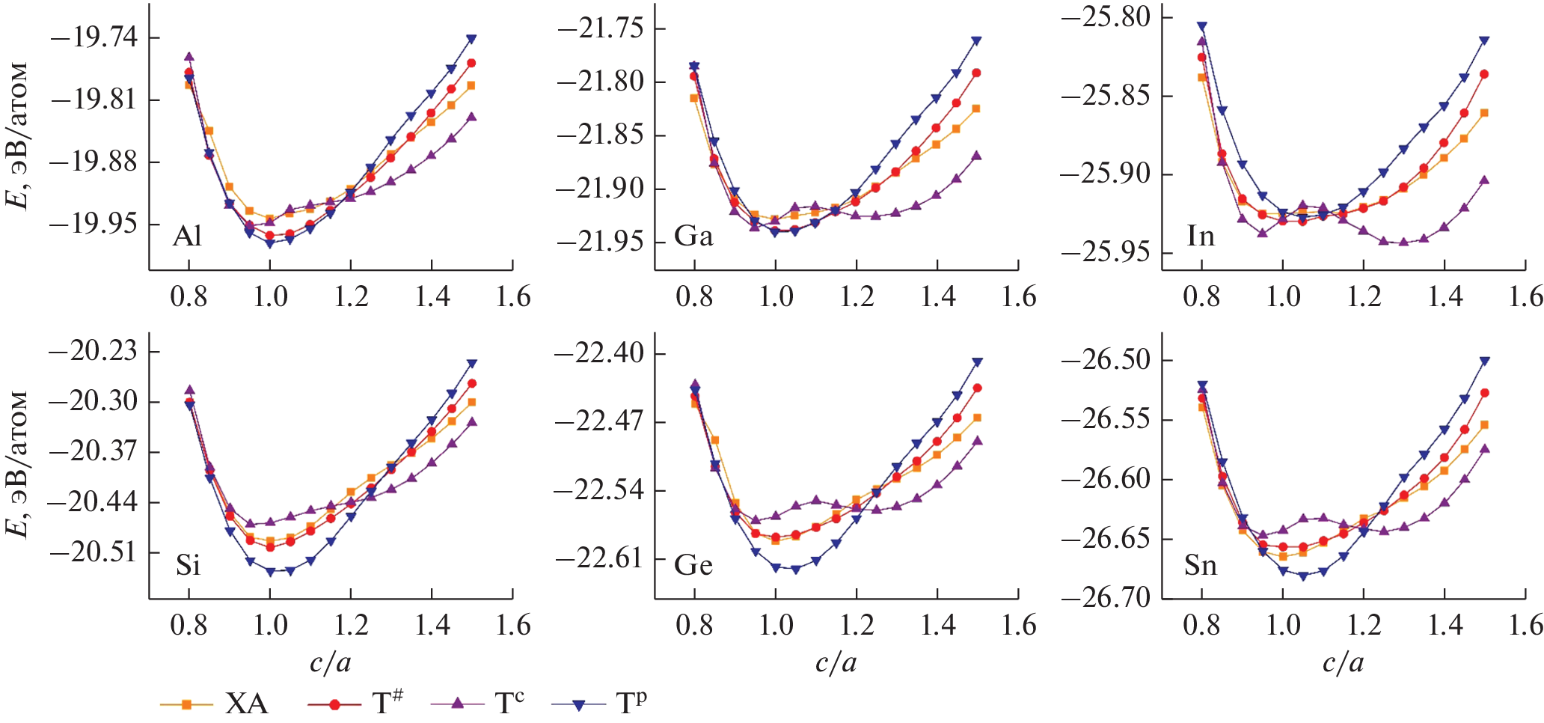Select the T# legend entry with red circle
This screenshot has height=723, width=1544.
(x=355, y=704)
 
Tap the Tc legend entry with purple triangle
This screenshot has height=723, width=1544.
(x=479, y=704)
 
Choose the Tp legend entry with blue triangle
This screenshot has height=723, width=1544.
(x=599, y=704)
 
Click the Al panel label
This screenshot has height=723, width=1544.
(x=187, y=237)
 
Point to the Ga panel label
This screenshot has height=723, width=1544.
(x=693, y=237)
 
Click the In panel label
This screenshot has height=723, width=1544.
(x=1201, y=237)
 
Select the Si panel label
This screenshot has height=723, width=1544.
(x=188, y=565)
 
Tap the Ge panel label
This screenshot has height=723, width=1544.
(x=693, y=565)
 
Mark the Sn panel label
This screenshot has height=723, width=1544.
(x=1201, y=565)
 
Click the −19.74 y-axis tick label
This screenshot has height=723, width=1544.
(x=94, y=37)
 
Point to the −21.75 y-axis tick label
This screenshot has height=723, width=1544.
(x=600, y=28)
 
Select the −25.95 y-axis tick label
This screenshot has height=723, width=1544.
(x=1106, y=252)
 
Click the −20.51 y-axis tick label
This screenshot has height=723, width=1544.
(x=94, y=552)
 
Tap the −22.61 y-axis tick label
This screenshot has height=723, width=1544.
(x=600, y=558)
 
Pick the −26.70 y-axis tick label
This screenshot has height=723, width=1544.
(x=1106, y=597)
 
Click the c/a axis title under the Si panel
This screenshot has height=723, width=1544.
(x=330, y=662)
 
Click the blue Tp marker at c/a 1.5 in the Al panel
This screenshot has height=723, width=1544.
(x=471, y=39)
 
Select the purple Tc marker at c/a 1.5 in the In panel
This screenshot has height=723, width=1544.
(x=1484, y=180)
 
